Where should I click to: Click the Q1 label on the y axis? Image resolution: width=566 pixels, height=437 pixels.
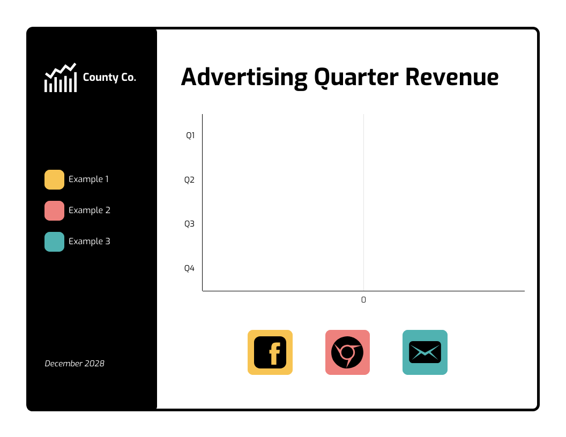190,135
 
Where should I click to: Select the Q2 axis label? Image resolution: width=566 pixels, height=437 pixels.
189,180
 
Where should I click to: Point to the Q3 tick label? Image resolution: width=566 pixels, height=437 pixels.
189,224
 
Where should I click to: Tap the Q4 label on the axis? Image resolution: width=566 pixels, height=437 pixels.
189,268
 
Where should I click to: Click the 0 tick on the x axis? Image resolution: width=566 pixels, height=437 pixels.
363,300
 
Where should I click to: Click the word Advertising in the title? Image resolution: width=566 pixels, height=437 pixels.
244,77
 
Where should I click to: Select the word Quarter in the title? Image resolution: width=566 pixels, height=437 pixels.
356,77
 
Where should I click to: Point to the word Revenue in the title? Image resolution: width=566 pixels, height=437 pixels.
452,77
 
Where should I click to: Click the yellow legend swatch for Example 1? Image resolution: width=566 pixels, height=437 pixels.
54,179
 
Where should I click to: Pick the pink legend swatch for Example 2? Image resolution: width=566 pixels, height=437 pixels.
54,210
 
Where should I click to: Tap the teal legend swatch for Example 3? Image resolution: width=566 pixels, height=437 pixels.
54,242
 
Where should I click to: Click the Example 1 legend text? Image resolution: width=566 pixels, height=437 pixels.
88,179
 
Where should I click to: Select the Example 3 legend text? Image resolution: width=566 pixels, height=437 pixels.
90,242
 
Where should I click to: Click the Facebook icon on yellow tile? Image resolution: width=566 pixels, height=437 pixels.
270,352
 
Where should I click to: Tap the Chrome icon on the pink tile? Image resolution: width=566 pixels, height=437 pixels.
347,352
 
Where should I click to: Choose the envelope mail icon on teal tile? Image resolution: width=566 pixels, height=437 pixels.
425,352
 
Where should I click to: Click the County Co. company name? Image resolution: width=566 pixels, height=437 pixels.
109,78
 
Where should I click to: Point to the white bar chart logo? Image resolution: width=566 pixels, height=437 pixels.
60,78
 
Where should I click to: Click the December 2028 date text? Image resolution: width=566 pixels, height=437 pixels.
75,364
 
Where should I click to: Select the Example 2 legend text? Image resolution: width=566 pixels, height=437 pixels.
90,210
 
